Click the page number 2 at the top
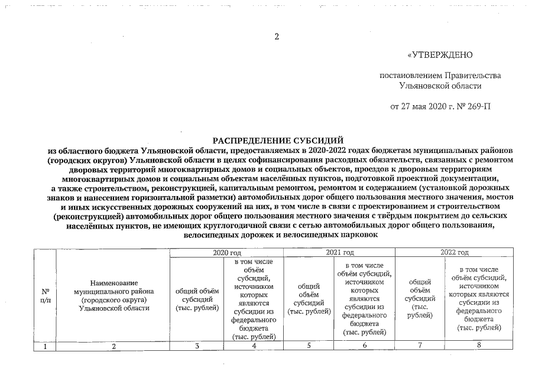(276, 37)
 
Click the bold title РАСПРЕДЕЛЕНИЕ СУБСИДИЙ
(278, 141)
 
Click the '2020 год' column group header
(226, 253)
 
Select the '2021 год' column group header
(339, 253)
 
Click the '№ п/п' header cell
(45, 295)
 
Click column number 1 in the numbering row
(45, 346)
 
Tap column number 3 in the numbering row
(197, 346)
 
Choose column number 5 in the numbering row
(309, 346)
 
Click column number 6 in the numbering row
(364, 346)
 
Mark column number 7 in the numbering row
(420, 346)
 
